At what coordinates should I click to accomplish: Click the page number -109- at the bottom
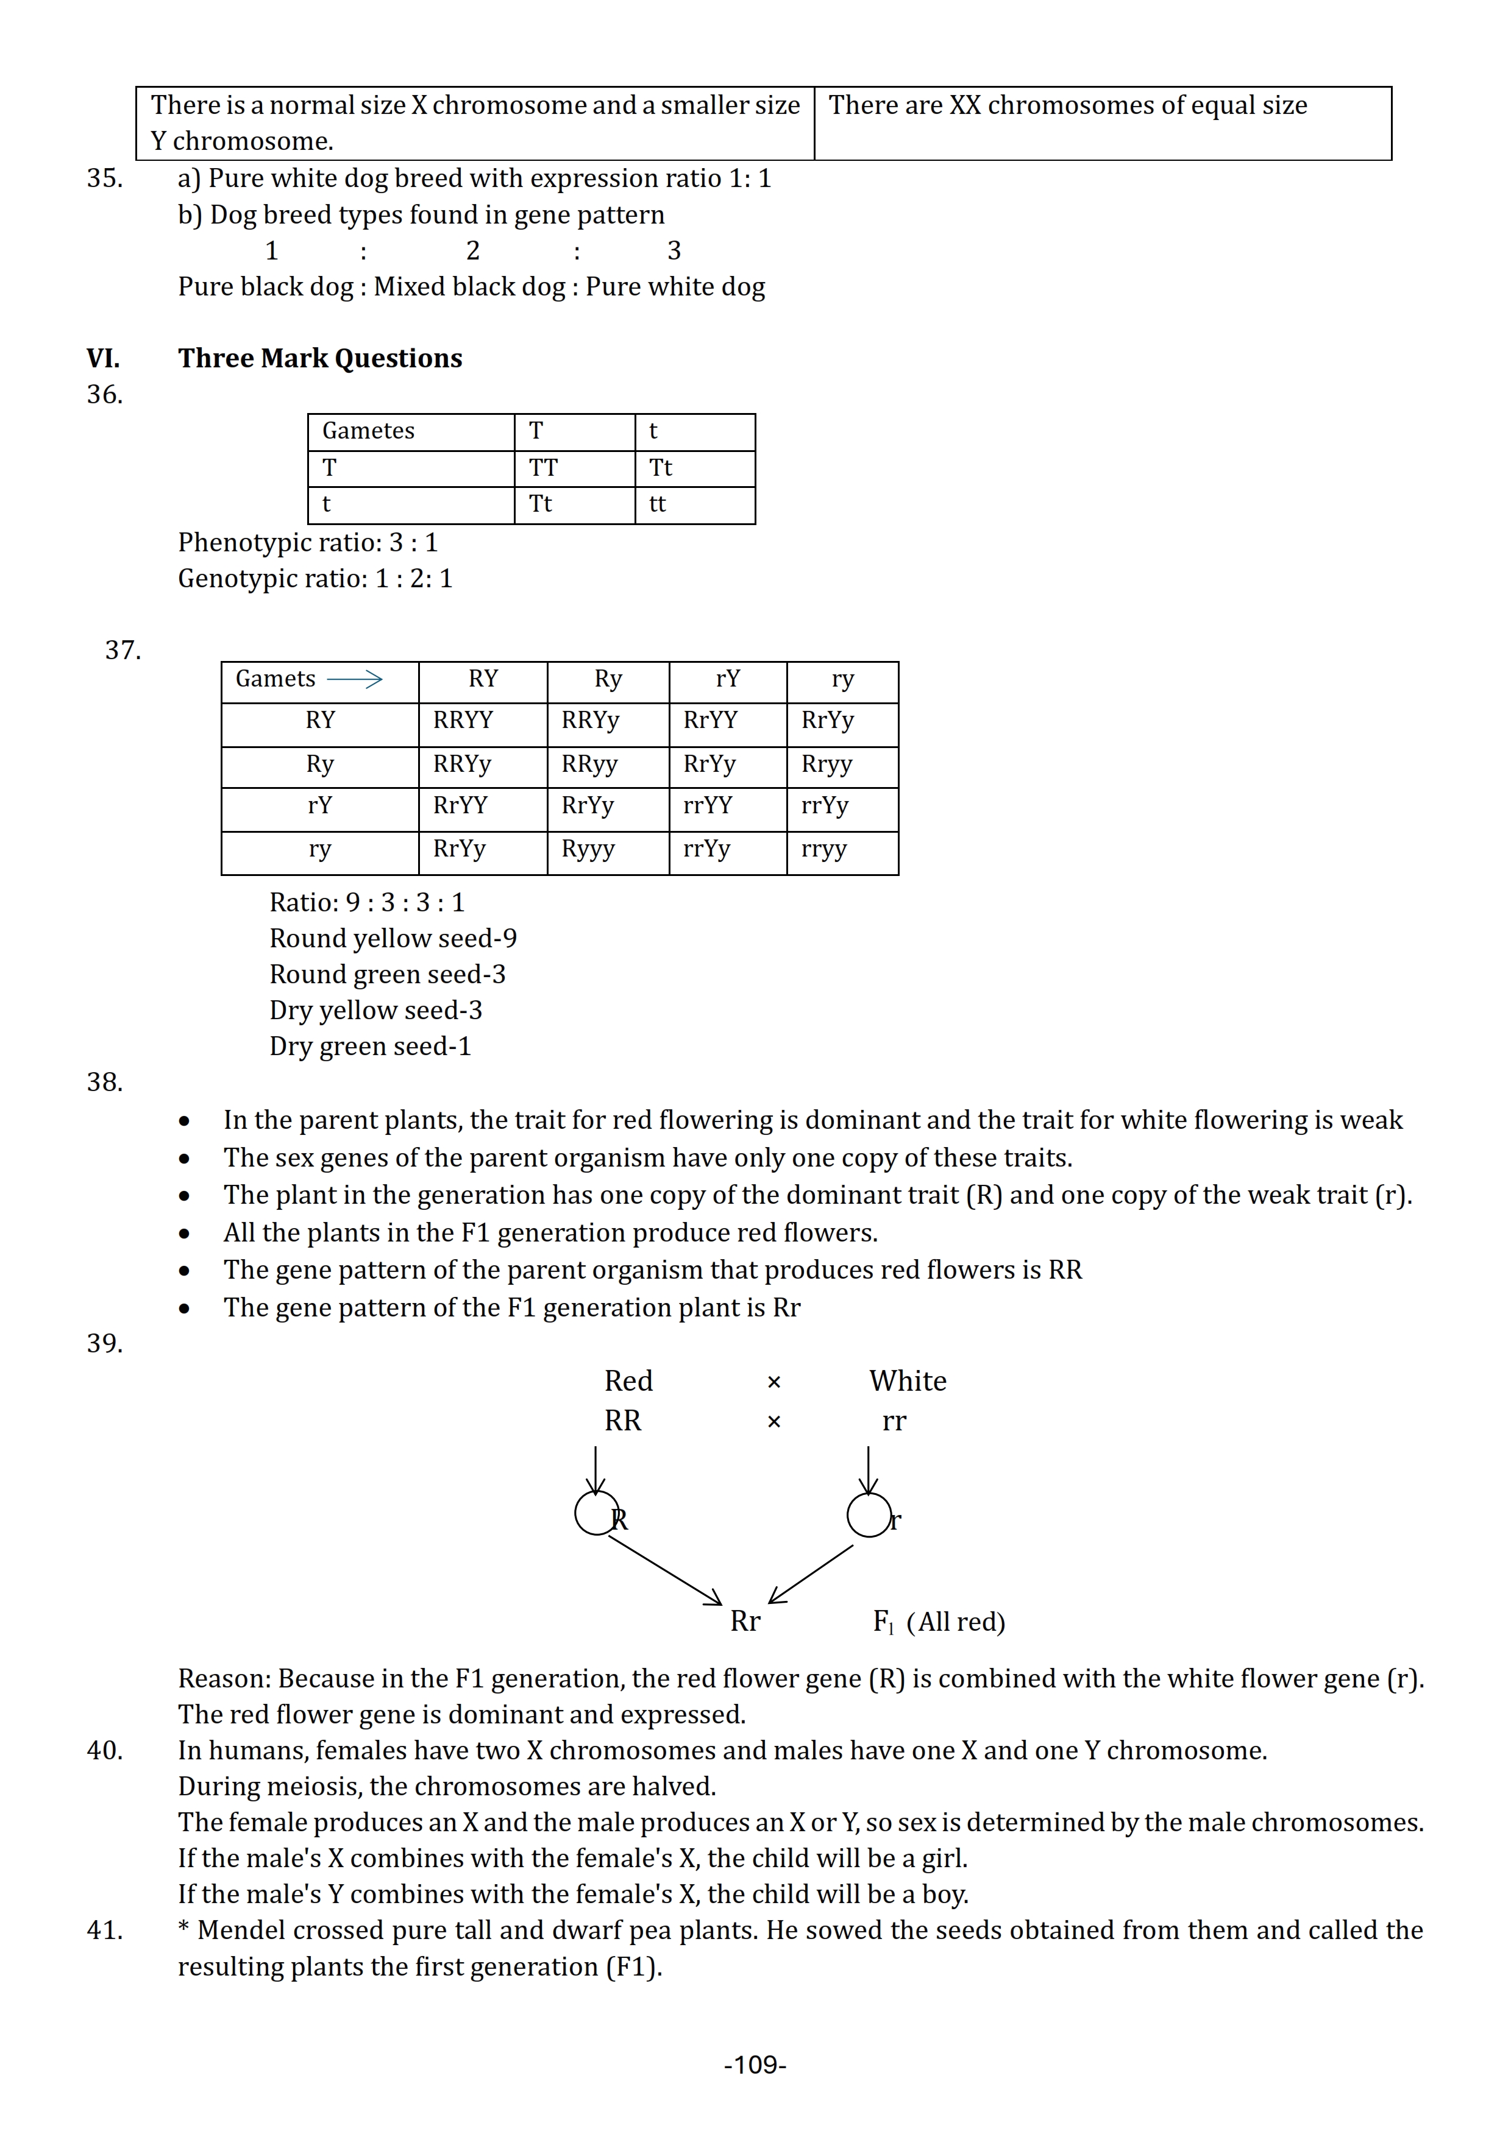[x=755, y=2065]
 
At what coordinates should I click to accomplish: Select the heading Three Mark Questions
[x=319, y=358]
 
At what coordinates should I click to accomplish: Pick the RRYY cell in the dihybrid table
[x=463, y=721]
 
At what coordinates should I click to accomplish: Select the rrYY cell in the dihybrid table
[x=708, y=806]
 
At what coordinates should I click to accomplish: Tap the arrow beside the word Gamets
[x=355, y=679]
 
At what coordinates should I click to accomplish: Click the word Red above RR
[x=628, y=1381]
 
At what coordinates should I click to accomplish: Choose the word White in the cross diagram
[x=908, y=1381]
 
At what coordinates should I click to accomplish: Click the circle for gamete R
[x=596, y=1513]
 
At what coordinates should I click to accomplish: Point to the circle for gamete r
[x=869, y=1514]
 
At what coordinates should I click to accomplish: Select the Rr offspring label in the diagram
[x=745, y=1622]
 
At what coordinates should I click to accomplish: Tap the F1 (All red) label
[x=939, y=1622]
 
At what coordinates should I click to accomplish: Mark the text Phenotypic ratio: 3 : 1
[x=307, y=543]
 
